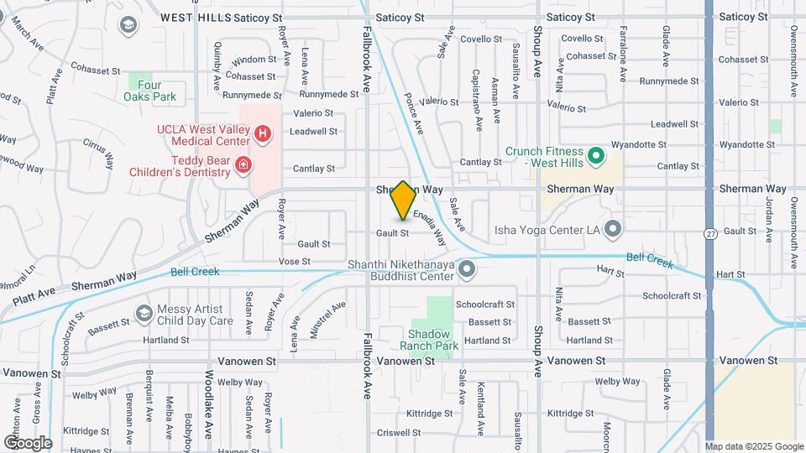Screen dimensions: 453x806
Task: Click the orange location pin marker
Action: [403, 200]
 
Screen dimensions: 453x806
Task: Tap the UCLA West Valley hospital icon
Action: [263, 133]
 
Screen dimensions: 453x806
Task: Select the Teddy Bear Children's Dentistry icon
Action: [243, 165]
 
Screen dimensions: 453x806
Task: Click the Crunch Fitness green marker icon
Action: [596, 155]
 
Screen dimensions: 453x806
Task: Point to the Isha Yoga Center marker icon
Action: [613, 227]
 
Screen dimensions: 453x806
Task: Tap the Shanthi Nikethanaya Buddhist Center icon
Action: [468, 269]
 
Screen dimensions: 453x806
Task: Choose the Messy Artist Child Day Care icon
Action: [144, 314]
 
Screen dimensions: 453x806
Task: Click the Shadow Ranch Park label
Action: [435, 339]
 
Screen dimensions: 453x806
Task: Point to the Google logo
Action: [28, 442]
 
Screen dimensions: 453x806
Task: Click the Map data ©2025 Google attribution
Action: [754, 446]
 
